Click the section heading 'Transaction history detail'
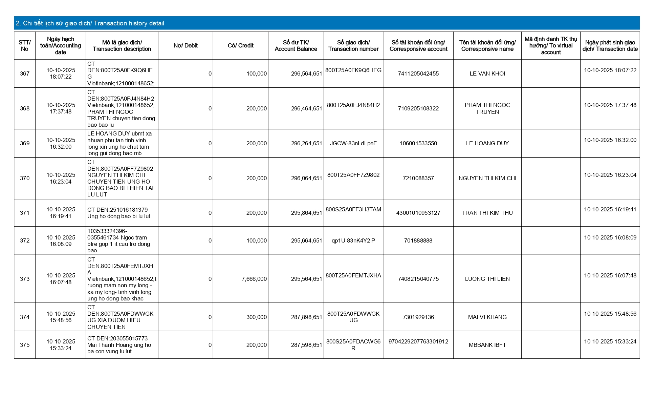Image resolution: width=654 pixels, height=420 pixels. [90, 23]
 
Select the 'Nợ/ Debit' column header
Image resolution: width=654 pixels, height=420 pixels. [186, 46]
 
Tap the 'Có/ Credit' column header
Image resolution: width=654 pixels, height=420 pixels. [240, 46]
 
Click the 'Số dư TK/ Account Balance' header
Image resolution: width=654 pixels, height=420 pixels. [296, 46]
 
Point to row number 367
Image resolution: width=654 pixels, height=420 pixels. [25, 73]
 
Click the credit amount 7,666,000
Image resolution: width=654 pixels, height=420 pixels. [254, 279]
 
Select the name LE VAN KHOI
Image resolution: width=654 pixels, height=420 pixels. [487, 73]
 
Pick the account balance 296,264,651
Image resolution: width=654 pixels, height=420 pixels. [306, 144]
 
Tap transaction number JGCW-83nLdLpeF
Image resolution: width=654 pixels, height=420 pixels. [353, 144]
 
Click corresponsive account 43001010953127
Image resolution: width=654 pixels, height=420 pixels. [418, 213]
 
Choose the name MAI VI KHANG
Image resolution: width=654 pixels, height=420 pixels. [487, 317]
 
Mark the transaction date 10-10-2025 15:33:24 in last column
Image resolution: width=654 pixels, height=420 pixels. [610, 341]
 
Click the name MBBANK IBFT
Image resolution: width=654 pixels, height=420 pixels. [487, 345]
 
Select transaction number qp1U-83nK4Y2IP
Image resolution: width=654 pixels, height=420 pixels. [353, 240]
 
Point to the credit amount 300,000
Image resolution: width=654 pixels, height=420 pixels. [257, 317]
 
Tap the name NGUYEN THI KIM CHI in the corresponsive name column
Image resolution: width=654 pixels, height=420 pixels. [487, 178]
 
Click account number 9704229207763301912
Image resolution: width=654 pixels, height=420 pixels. [418, 341]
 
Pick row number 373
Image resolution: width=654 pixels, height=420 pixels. [25, 279]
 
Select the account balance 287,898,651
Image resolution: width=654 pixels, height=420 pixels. [306, 317]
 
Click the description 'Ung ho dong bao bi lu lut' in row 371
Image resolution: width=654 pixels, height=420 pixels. [119, 216]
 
